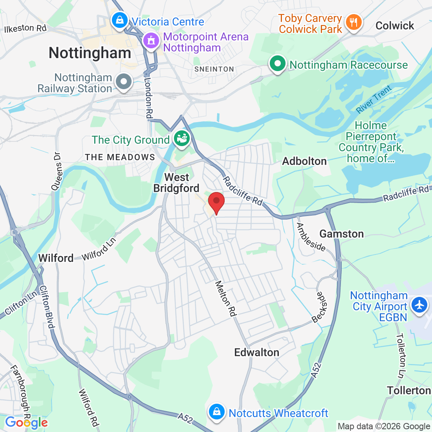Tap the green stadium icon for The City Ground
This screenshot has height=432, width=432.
pos(182,139)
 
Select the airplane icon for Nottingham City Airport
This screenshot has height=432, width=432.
pos(419,304)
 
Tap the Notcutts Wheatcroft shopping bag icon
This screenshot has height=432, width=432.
pos(216,412)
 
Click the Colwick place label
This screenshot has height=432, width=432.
pos(395,26)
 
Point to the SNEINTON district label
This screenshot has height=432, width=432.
pos(214,69)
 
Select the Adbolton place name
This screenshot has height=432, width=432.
pos(304,161)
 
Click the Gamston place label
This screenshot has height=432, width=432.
pos(341,234)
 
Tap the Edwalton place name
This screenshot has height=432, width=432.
pos(256,352)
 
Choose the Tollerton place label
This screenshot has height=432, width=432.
pos(408,390)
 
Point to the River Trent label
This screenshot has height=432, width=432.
pos(374,99)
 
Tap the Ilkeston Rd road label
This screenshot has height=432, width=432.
pos(25,28)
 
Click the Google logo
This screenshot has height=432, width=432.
pos(26,423)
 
